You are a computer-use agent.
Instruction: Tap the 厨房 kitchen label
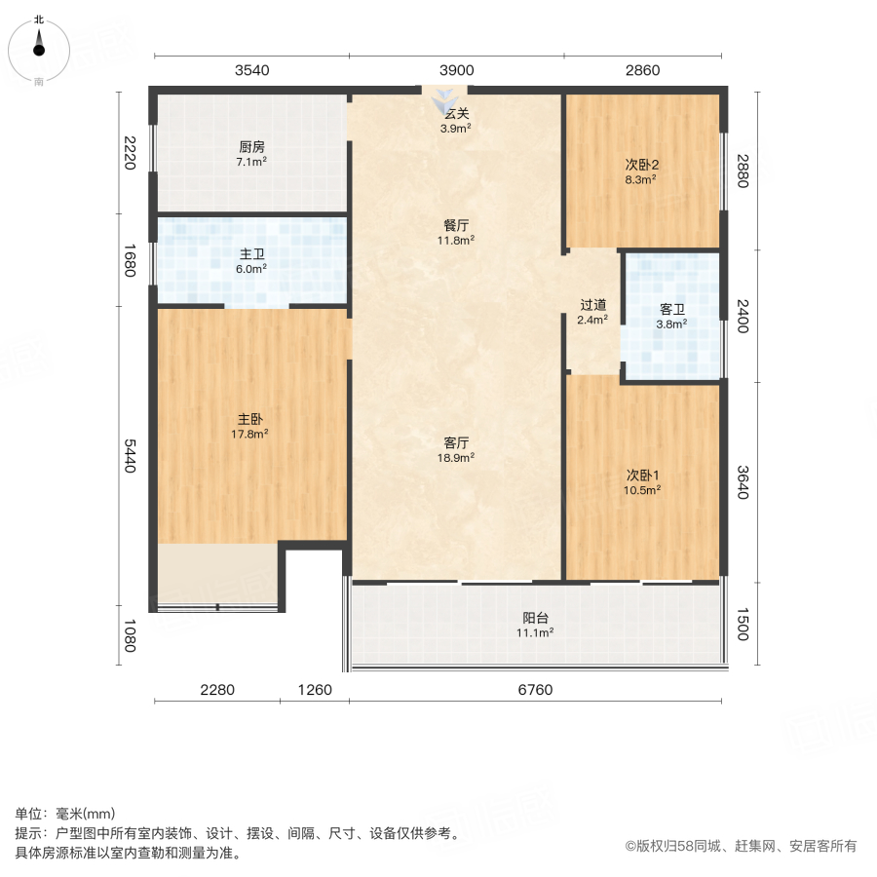point(251,154)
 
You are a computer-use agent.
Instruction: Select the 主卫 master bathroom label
point(251,260)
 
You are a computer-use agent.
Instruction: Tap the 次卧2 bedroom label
point(641,172)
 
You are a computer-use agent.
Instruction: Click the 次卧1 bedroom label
point(642,482)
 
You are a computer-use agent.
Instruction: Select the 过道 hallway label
point(592,311)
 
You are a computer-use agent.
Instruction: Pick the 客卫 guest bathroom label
point(671,316)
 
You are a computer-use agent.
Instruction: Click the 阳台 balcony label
point(536,625)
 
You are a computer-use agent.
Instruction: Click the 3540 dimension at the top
point(251,70)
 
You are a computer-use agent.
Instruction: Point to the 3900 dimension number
point(456,70)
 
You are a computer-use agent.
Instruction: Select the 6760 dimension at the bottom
point(535,690)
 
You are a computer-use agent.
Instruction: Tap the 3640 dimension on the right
point(743,482)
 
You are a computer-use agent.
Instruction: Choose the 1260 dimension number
point(315,690)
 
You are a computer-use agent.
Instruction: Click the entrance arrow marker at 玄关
point(445,98)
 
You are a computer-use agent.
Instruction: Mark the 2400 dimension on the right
point(743,316)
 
